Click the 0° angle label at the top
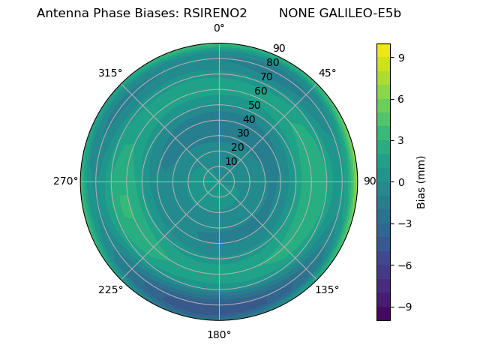tap(219, 28)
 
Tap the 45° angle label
tap(327, 73)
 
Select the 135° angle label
tap(327, 289)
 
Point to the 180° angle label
tap(219, 334)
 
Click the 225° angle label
tap(110, 289)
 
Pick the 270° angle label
tap(65, 181)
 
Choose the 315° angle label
tap(110, 73)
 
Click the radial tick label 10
tap(231, 161)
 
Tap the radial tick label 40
tap(249, 120)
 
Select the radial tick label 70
tap(266, 76)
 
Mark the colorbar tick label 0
tap(402, 181)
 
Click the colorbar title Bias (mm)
tap(421, 181)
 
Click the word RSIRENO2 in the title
tap(215, 13)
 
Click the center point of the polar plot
tap(219, 181)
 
